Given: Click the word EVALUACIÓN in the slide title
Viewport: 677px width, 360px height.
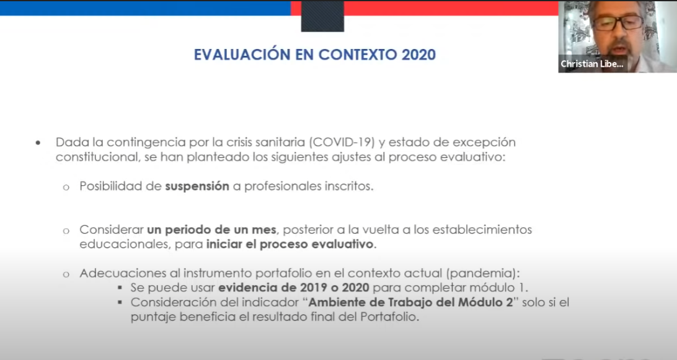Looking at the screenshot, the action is (242, 55).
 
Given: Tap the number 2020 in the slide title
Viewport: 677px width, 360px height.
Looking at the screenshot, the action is (419, 55).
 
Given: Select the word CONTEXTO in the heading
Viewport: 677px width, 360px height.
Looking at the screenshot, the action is (358, 55).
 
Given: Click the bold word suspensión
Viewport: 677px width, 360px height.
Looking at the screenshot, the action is (197, 187).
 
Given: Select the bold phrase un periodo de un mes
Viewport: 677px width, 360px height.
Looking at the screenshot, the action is (211, 230).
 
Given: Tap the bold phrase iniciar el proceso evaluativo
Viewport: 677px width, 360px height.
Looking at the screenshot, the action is (290, 244).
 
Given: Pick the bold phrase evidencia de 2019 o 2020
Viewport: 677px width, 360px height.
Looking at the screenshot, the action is (294, 288).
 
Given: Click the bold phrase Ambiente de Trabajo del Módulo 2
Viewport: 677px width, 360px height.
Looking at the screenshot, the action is (410, 302).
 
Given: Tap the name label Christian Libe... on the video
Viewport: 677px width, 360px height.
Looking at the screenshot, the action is (592, 64).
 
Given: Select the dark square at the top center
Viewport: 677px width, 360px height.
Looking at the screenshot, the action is (322, 16).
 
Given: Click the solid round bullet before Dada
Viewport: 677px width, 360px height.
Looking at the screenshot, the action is (38, 143).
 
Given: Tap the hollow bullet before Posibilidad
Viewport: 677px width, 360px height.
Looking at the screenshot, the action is (66, 187).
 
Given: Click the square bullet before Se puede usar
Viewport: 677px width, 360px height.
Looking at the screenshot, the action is (120, 288).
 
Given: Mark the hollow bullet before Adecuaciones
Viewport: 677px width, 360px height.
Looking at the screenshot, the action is (66, 274).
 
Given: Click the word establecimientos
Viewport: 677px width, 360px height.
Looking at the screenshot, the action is (482, 230).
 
